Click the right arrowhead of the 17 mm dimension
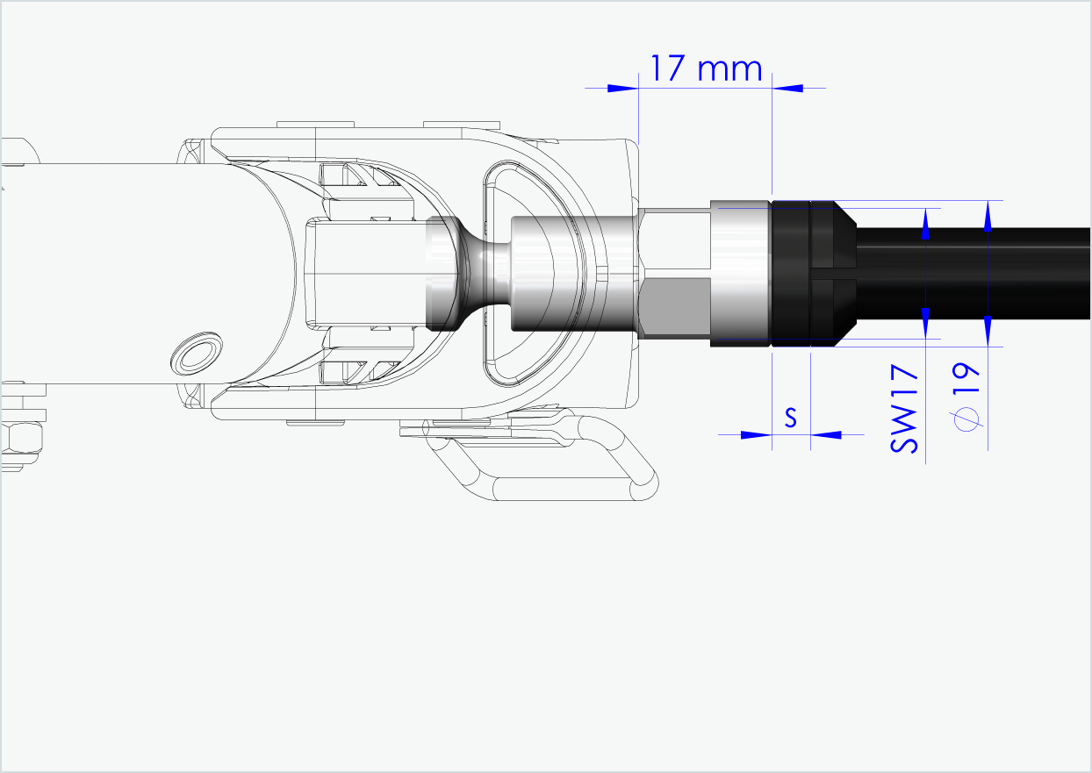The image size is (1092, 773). (787, 88)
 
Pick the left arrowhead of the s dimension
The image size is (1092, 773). (755, 434)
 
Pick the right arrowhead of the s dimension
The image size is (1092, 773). (824, 434)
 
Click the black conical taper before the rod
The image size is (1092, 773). (844, 273)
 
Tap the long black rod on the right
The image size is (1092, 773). (974, 273)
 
